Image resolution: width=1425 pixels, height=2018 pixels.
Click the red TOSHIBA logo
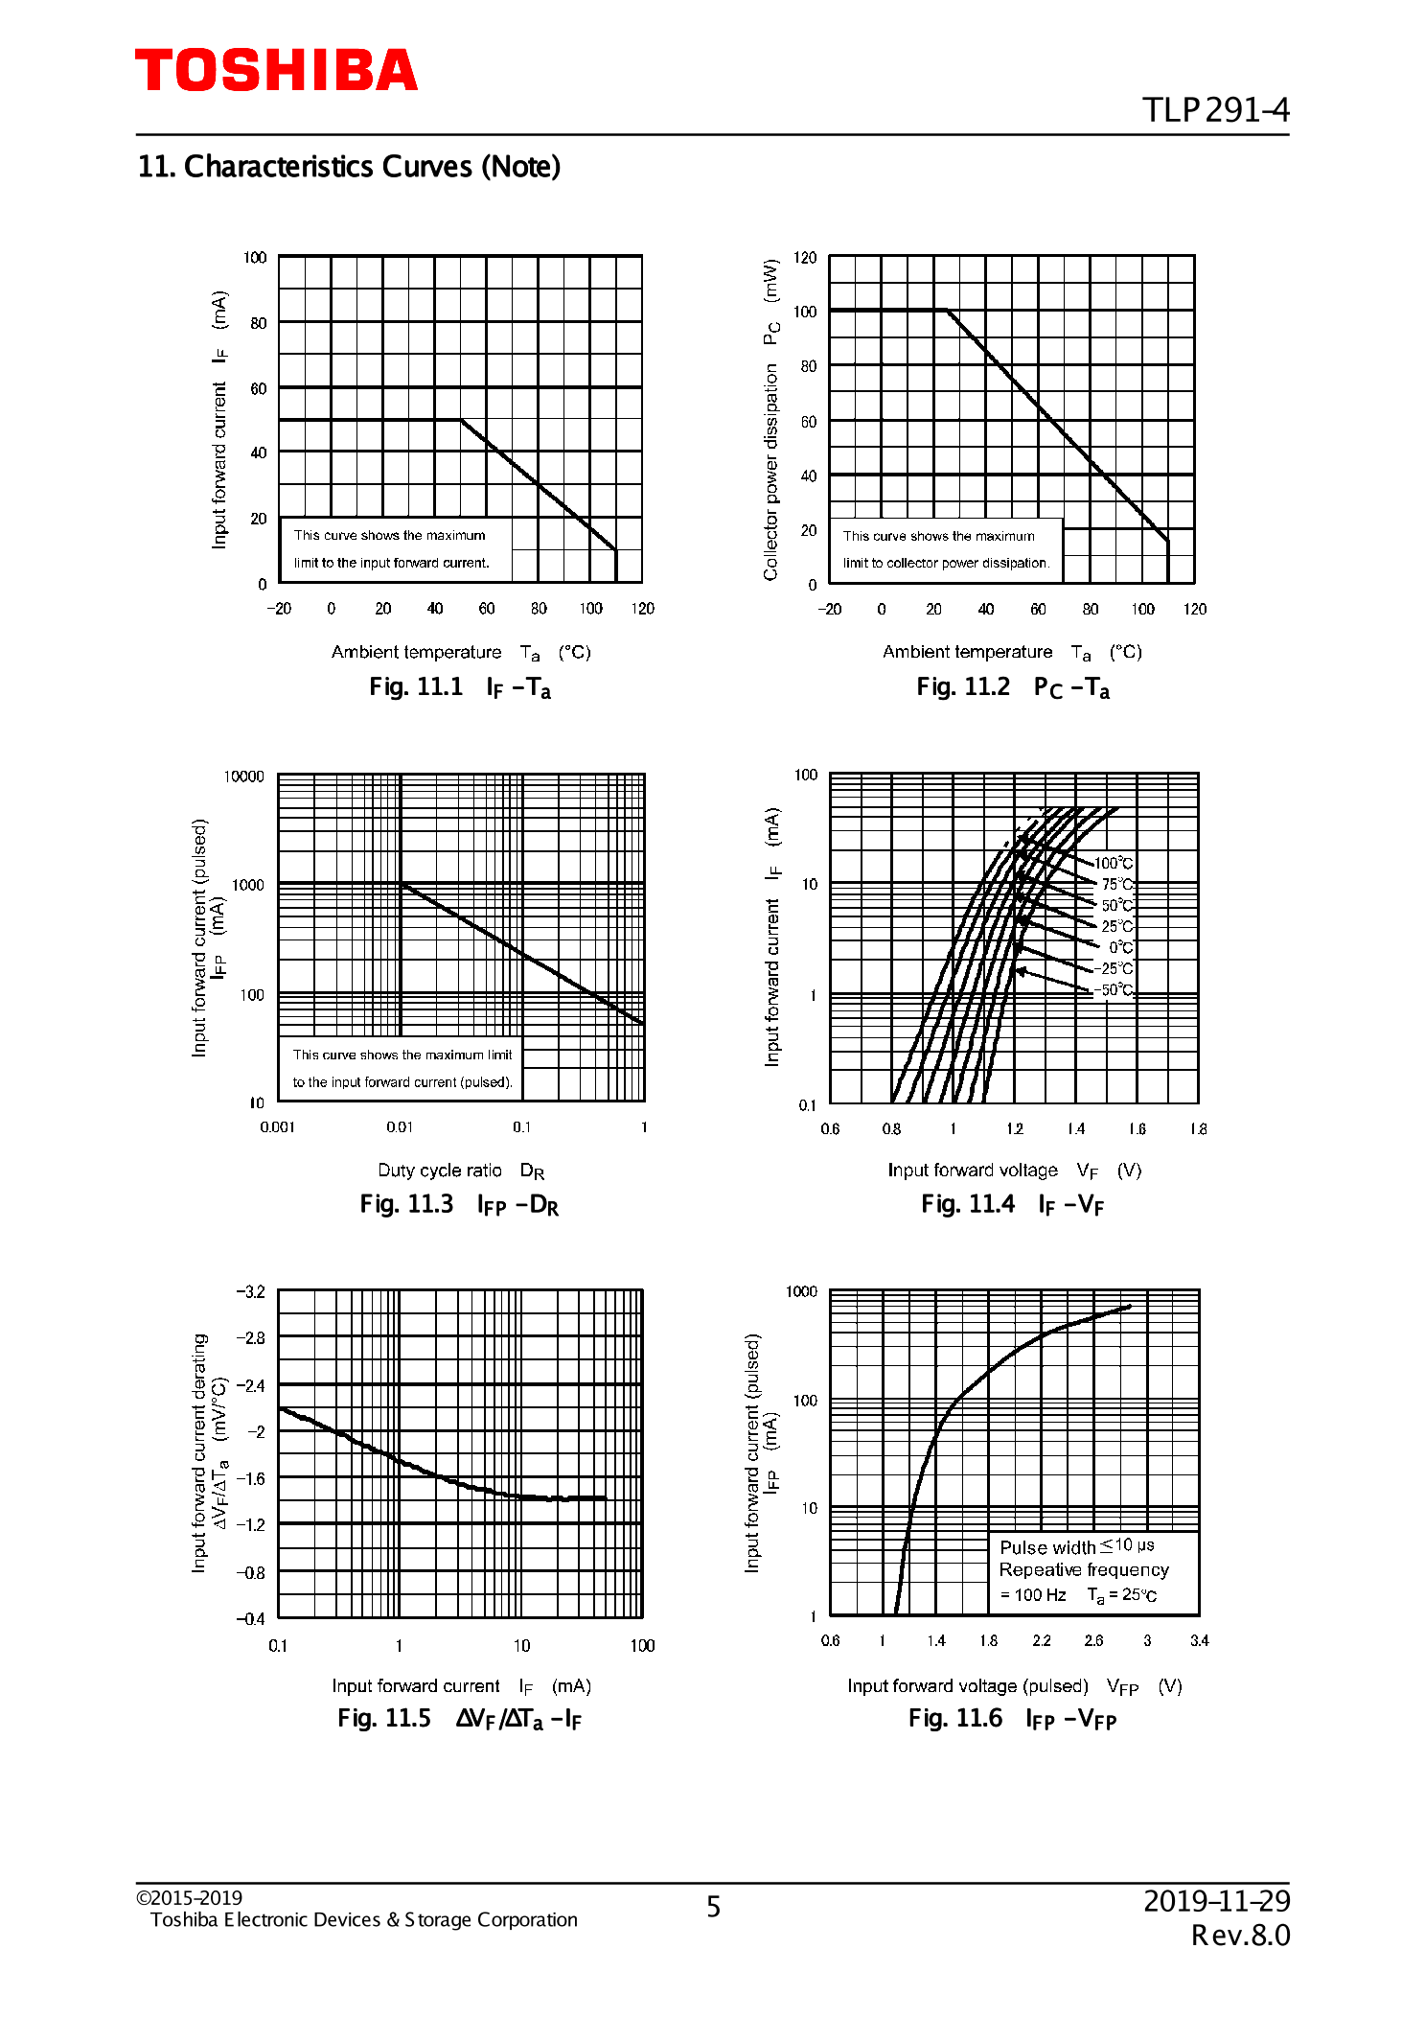(276, 71)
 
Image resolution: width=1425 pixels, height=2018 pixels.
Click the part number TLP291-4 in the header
(1215, 110)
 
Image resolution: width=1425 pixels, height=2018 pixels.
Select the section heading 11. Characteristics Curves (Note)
(349, 167)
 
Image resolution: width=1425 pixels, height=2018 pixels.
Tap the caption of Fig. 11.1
(460, 687)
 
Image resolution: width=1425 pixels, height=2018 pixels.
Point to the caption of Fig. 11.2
(1013, 687)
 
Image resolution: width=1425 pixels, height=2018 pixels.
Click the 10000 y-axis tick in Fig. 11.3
(243, 777)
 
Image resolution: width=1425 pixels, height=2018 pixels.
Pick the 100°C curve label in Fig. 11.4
(1114, 863)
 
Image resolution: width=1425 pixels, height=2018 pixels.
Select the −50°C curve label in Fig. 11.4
(1114, 989)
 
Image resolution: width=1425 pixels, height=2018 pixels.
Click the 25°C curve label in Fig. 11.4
(1116, 926)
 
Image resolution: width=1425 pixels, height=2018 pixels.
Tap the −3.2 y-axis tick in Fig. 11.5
(250, 1291)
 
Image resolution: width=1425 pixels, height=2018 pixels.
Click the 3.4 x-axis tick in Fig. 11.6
(1199, 1640)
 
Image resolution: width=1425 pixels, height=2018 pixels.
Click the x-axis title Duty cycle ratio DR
(461, 1171)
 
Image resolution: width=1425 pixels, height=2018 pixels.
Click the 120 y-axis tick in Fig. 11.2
(805, 258)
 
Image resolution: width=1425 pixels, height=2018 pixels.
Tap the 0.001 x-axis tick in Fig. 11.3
(277, 1127)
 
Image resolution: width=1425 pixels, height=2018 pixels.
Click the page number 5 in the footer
(713, 1907)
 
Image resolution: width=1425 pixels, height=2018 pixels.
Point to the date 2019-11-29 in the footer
(1216, 1900)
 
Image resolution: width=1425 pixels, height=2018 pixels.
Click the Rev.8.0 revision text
(1240, 1936)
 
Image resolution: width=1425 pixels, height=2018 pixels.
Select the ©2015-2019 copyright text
(189, 1898)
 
